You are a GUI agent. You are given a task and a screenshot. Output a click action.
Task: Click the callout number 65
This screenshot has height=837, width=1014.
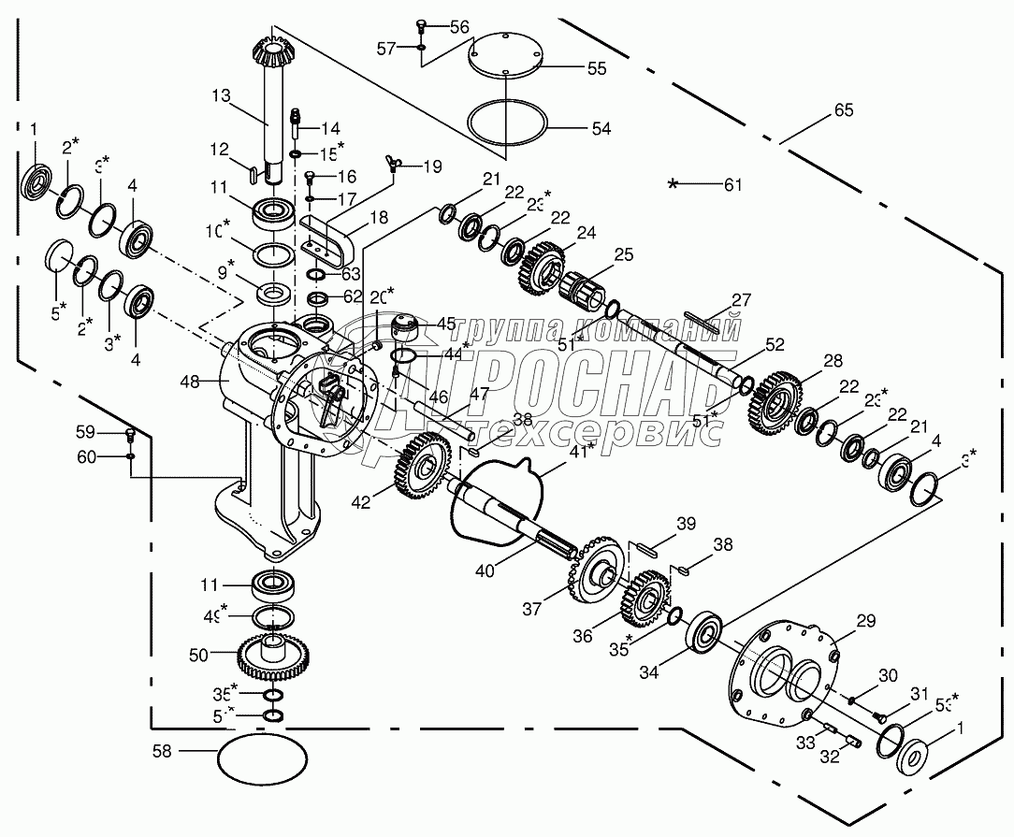(843, 111)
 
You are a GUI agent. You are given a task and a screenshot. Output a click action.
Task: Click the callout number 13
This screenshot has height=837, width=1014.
(220, 95)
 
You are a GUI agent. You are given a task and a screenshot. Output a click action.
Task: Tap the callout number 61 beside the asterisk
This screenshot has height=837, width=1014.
(732, 184)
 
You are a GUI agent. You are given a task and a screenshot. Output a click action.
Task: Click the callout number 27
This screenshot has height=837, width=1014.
(741, 299)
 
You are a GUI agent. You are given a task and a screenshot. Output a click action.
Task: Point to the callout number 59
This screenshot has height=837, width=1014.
(85, 432)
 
